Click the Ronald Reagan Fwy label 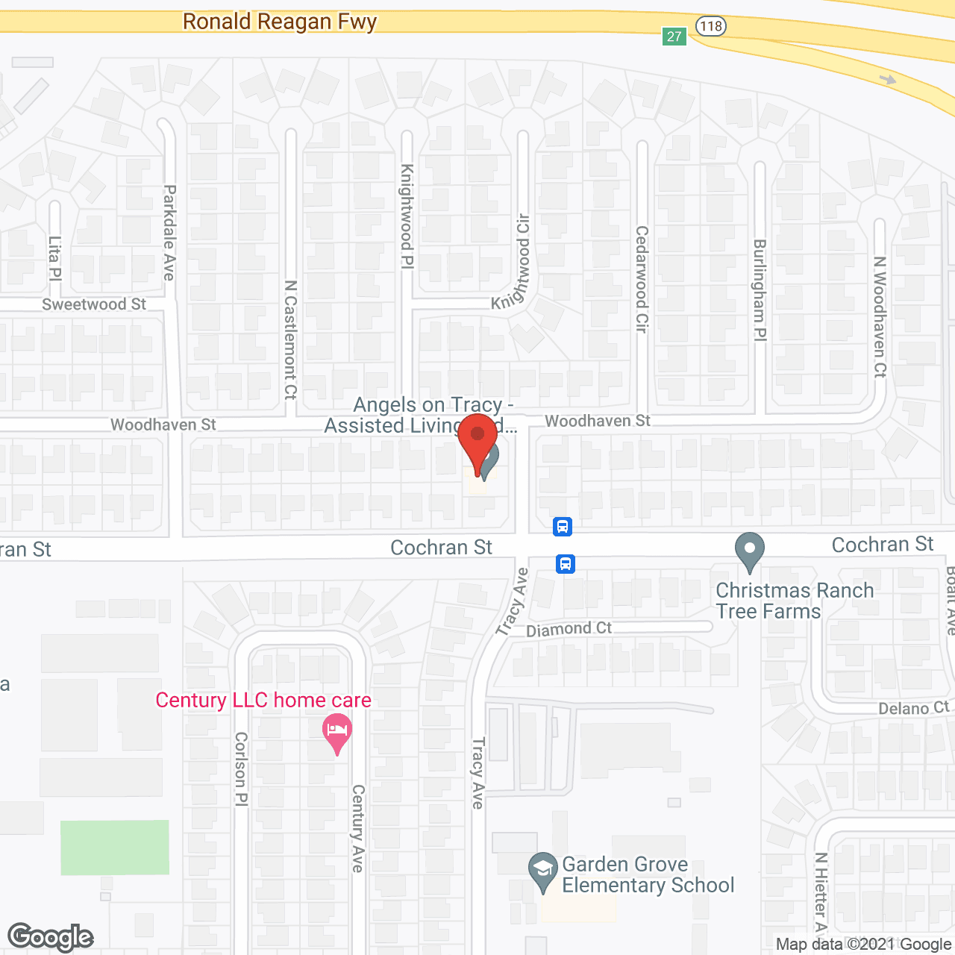coord(280,22)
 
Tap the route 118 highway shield coord(711,26)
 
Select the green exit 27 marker coord(674,36)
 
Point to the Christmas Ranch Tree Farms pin coord(750,551)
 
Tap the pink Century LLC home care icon coord(337,733)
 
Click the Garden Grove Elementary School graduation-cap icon coord(542,871)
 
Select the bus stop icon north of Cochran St coord(563,527)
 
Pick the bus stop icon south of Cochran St coord(566,563)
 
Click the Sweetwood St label coord(94,304)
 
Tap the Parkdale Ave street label coord(169,233)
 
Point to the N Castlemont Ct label coord(291,339)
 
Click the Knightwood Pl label coord(407,216)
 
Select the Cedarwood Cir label coord(642,279)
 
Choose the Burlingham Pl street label coord(760,290)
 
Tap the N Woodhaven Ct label coord(880,316)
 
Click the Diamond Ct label coord(569,629)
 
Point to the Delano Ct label coord(913,707)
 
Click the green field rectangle coord(115,847)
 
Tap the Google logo coord(51,937)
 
